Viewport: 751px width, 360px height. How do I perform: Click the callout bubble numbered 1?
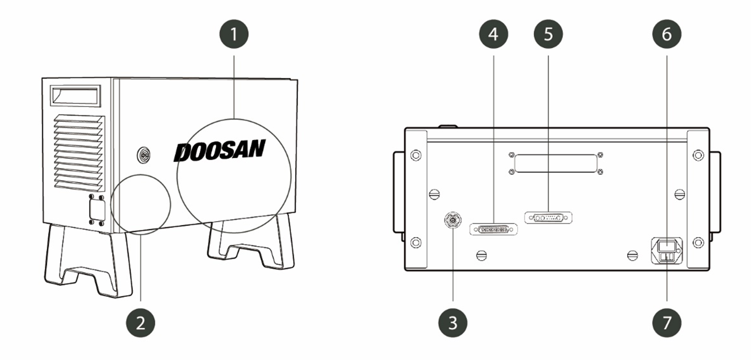coord(234,34)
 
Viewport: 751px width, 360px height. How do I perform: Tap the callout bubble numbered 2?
coord(141,323)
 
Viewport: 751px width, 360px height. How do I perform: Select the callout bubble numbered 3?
coord(453,323)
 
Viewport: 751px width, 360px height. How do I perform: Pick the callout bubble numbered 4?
coord(494,34)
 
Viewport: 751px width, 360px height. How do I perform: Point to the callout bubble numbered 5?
coord(548,34)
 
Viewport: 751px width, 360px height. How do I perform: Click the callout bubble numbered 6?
coord(667,34)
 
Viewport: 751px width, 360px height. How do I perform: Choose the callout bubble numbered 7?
coord(667,323)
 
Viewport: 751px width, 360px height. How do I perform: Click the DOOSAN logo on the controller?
coord(219,151)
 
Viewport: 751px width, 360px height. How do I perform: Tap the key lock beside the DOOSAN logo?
coord(144,154)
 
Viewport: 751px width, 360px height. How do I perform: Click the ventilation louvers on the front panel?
coord(79,153)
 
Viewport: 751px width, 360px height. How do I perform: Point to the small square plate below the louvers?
coord(97,210)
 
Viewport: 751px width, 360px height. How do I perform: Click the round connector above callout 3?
coord(452,220)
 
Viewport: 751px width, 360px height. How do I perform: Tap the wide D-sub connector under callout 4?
coord(493,229)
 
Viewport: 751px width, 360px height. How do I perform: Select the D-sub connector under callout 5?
coord(548,218)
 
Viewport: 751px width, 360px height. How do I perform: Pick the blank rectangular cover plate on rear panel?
coord(556,163)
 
